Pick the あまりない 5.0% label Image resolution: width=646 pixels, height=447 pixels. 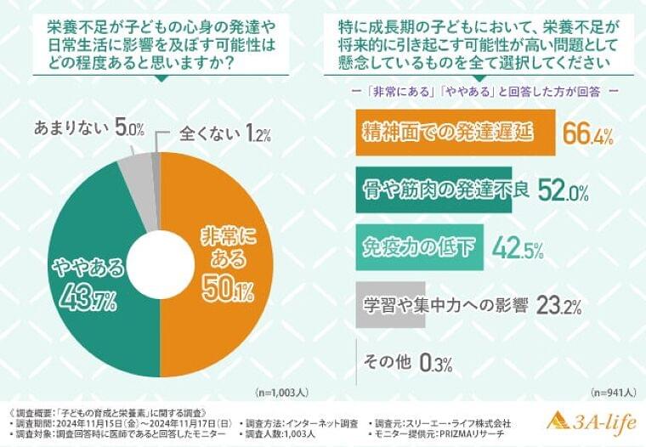(x=89, y=128)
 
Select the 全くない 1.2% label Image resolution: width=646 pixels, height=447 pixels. (x=225, y=134)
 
